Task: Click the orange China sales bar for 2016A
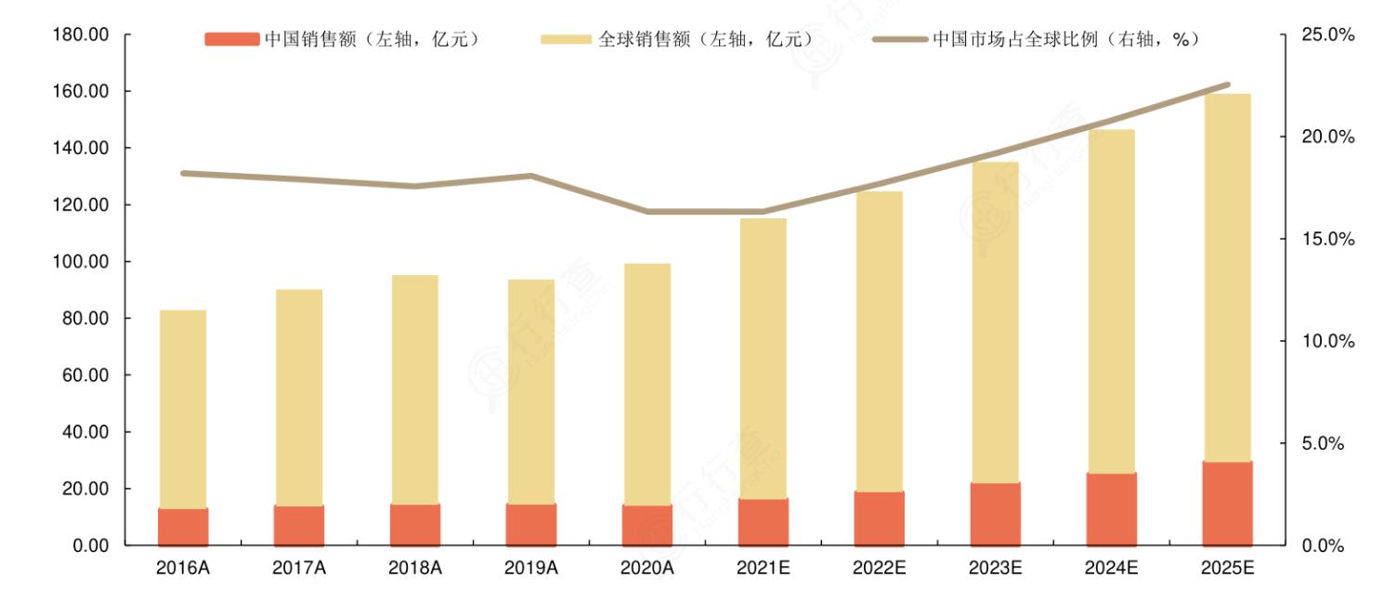(183, 527)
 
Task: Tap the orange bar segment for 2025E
(1227, 504)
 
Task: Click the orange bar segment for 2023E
(995, 514)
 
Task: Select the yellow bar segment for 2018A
(414, 389)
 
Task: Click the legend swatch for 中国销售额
(232, 39)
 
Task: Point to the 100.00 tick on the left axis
(84, 262)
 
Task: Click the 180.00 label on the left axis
(84, 34)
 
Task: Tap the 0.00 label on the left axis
(90, 545)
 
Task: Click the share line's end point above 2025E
(1228, 85)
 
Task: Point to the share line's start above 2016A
(183, 173)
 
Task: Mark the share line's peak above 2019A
(530, 176)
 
